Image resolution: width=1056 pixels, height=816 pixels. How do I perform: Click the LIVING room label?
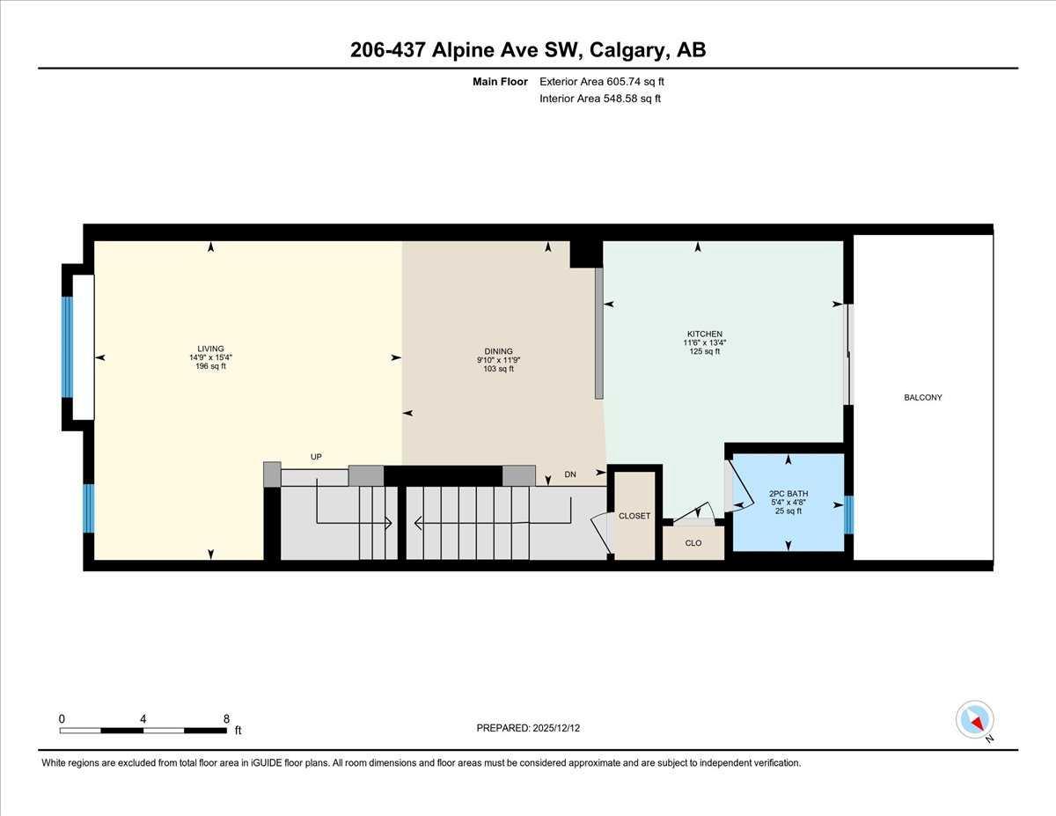(x=210, y=349)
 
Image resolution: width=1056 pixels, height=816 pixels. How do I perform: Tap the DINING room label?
(x=498, y=351)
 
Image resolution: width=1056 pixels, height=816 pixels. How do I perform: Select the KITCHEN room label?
(x=705, y=334)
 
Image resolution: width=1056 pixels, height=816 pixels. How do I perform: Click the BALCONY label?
(x=923, y=398)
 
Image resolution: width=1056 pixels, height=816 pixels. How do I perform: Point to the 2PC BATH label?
(x=788, y=492)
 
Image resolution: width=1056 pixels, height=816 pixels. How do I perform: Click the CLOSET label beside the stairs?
(x=634, y=516)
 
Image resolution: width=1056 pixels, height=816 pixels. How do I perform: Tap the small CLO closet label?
(x=693, y=543)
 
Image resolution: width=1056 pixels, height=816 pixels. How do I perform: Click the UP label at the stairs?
(x=316, y=457)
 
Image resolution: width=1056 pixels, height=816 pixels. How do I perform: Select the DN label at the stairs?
(x=570, y=474)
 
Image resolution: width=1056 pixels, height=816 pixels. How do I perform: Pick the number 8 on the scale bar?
(x=227, y=717)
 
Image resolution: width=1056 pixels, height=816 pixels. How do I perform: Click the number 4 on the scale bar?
(x=143, y=717)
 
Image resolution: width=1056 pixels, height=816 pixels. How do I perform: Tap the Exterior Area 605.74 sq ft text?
(x=602, y=82)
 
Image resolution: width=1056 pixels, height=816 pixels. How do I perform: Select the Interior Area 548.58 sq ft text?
(x=600, y=99)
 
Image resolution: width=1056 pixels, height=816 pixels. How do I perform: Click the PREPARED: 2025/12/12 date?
(x=528, y=728)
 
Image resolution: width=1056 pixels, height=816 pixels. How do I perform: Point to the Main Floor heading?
(x=500, y=82)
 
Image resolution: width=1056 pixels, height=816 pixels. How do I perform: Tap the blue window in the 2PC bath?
(x=848, y=515)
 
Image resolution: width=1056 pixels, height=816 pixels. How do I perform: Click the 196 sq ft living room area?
(x=210, y=366)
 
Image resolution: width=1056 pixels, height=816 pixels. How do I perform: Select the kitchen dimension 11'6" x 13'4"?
(x=705, y=342)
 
